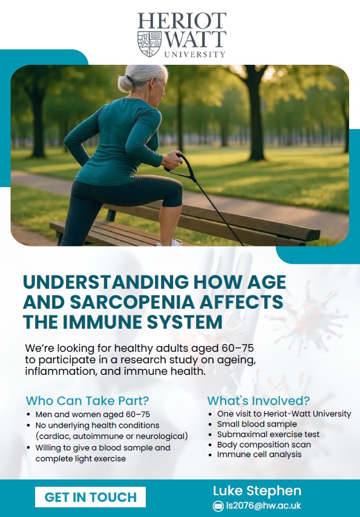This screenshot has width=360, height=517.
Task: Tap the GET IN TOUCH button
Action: [x=90, y=497]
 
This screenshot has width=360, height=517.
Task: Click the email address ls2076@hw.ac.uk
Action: [x=263, y=506]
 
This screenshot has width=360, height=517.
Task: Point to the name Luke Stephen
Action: [x=257, y=490]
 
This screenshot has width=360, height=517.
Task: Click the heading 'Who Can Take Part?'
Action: [x=87, y=401]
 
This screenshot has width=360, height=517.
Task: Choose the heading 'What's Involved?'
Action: [x=258, y=401]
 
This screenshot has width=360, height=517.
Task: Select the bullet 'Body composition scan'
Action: [x=264, y=444]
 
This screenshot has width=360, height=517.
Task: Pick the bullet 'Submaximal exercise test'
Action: [x=268, y=434]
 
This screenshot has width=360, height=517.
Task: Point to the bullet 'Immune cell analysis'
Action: [x=259, y=454]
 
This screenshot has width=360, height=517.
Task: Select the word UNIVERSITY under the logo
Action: [x=195, y=54]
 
